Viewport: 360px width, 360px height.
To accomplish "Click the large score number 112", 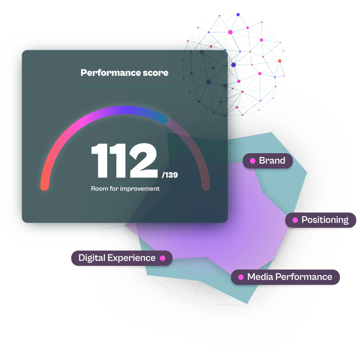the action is [x=124, y=160].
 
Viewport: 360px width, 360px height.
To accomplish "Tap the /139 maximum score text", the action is [x=169, y=175].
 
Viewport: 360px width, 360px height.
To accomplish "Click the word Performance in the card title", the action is [x=111, y=73].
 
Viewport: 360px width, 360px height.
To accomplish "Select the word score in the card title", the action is [x=155, y=73].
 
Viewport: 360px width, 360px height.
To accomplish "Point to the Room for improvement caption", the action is [x=125, y=189].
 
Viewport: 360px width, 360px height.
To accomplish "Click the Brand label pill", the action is [x=268, y=161].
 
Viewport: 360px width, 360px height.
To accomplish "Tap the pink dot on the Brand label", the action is [x=253, y=161].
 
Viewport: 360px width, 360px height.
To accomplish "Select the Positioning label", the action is [x=321, y=220].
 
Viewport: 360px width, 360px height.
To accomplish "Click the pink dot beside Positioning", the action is [x=295, y=220].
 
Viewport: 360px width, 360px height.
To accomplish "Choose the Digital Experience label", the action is [x=122, y=258].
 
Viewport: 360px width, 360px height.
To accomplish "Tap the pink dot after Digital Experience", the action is [x=163, y=258].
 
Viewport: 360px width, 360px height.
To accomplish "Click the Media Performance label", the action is [x=286, y=277].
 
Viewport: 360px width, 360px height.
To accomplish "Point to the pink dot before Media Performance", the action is [x=241, y=277].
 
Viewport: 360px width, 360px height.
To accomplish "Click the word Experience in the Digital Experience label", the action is [x=131, y=258].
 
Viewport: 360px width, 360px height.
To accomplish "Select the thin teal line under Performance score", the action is [x=125, y=85].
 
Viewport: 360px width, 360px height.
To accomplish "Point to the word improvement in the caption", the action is [x=140, y=189].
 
